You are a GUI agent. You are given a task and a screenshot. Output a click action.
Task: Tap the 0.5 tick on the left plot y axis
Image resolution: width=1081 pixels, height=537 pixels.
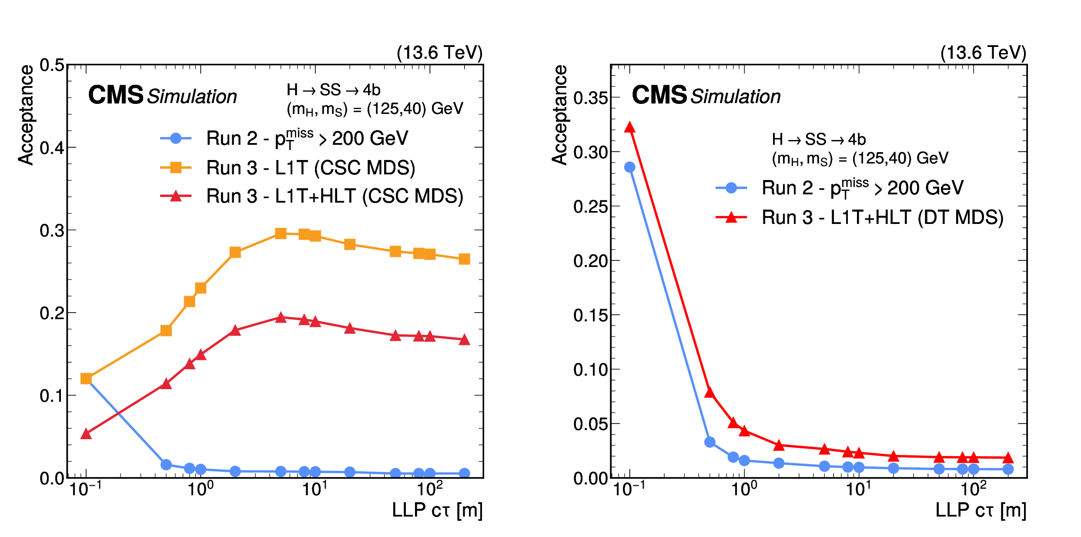coord(52,65)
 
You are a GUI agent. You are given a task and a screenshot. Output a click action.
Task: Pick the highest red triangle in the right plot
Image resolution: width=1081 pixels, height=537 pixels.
coord(629,127)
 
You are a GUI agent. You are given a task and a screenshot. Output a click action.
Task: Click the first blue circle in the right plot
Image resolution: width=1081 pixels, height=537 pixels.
coord(629,167)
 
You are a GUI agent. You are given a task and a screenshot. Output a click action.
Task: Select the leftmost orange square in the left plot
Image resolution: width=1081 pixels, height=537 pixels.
coord(86,379)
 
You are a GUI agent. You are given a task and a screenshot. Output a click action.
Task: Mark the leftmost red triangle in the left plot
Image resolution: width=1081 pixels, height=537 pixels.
coord(86,434)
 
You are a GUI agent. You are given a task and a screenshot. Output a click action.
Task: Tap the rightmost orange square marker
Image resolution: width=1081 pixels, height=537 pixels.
coord(464,259)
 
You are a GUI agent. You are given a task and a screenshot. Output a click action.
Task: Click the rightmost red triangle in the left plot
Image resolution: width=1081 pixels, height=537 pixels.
coord(464,340)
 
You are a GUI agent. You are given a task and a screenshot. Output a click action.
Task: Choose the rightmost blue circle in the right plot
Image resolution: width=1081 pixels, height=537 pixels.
coord(1008,469)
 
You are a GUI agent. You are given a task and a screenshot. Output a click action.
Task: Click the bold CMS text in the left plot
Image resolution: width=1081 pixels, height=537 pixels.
coord(116,95)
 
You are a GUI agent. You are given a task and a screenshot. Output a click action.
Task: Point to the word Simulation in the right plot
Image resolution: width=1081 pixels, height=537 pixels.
coord(736,97)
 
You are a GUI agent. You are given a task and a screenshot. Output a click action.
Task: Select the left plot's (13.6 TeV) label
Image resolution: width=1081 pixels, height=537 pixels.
coord(439,53)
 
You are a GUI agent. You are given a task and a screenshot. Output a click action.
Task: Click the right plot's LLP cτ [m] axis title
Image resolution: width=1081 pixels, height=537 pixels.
coord(981,510)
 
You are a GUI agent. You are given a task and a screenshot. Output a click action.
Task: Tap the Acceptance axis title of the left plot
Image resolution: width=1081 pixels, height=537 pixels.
coord(26,115)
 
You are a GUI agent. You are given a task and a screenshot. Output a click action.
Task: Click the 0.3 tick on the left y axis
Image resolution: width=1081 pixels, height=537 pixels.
coord(52,230)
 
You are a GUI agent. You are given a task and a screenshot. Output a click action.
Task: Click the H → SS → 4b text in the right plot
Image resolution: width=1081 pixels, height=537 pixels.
coord(819,139)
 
